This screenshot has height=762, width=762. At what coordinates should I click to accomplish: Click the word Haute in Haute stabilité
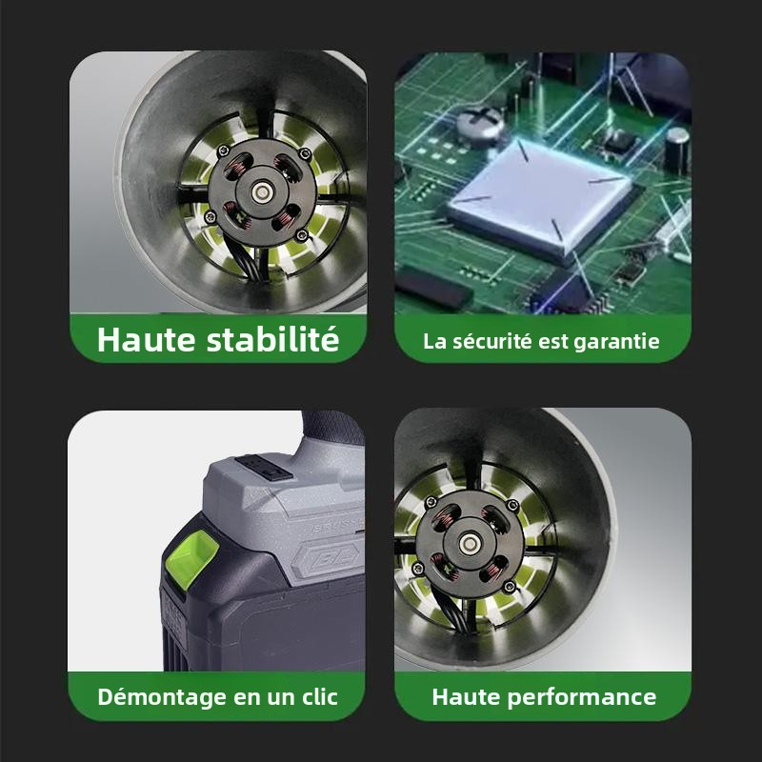[x=147, y=339]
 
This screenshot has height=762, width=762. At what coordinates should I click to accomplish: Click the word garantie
[x=616, y=342]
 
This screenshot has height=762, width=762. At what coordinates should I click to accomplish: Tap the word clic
[x=320, y=697]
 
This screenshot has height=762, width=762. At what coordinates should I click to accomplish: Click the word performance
[x=582, y=697]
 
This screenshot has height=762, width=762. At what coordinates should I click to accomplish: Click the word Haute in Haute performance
[x=466, y=696]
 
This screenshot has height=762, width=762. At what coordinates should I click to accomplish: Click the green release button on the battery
[x=191, y=558]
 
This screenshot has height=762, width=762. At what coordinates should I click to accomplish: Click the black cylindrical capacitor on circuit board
[x=676, y=150]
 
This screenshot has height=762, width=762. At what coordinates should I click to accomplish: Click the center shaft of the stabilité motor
[x=262, y=192]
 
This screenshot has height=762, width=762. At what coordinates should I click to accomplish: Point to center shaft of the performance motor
[x=469, y=543]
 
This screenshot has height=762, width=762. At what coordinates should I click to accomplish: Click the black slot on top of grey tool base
[x=264, y=467]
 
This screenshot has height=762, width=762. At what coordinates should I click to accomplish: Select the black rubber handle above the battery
[x=332, y=428]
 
